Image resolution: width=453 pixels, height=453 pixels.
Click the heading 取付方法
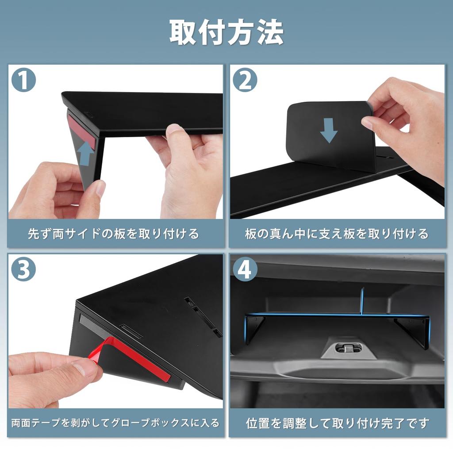pos(226,32)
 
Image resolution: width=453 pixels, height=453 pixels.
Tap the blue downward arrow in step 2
pos(329,131)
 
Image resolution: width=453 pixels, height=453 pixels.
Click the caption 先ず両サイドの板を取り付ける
pos(114,234)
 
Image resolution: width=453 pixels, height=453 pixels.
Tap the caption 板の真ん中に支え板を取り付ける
pos(337,234)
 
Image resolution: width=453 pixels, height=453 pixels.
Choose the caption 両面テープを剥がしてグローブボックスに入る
pos(115,423)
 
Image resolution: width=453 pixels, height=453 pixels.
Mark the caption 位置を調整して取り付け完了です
pos(337,423)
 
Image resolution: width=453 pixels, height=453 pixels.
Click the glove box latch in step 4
pos(349,348)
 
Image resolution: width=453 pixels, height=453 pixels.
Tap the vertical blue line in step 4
pos(361,300)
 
